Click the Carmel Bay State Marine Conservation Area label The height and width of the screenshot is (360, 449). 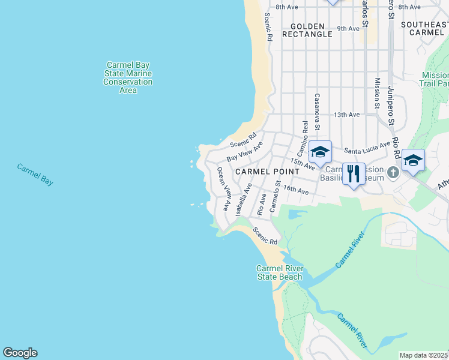[x=128, y=77]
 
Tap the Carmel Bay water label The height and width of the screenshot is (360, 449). [x=35, y=174]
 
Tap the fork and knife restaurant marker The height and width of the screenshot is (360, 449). [x=354, y=174]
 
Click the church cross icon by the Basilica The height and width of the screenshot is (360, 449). [x=393, y=173]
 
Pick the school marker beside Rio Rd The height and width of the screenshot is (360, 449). [x=413, y=160]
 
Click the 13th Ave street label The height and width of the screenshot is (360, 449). [x=346, y=114]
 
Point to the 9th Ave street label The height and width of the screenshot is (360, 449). [x=348, y=28]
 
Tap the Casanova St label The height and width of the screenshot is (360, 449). [x=317, y=111]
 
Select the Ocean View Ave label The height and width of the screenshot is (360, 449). [x=224, y=188]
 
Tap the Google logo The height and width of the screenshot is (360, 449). [x=20, y=353]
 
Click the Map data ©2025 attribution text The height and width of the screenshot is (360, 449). [x=424, y=355]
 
